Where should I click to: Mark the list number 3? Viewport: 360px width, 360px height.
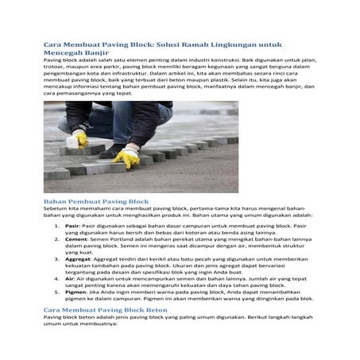click(x=57, y=257)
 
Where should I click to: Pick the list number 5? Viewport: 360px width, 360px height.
click(x=57, y=292)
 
